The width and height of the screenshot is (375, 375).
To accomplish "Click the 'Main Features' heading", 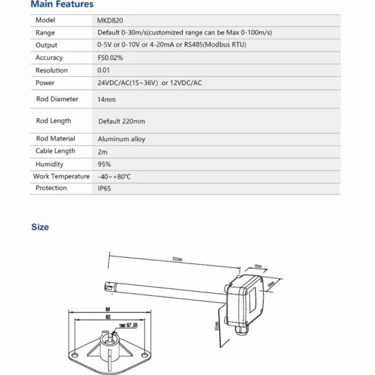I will pos(62,5).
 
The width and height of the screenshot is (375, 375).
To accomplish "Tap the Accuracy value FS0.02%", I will pos(110,58).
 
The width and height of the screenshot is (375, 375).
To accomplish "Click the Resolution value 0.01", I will pos(103,70).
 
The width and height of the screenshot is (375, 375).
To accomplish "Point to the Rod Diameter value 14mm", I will pos(106,100).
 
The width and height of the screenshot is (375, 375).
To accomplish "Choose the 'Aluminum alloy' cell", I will pos(121,139).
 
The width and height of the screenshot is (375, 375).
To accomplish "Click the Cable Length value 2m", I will pos(102,152).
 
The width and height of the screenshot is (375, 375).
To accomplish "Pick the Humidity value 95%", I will pos(104,164).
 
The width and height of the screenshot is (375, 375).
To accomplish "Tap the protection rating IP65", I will pos(104,189).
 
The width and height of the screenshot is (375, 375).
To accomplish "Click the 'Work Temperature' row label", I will pos(62,176).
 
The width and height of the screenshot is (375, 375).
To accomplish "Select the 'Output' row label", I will pos(47,46).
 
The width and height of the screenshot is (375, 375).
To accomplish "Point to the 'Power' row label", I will pos(45,83).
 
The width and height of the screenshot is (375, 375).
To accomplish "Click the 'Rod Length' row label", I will pos(54,121).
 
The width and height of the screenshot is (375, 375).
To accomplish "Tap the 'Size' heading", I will pos(40,227).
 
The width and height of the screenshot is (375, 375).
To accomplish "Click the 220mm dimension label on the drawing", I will pos(177,259).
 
